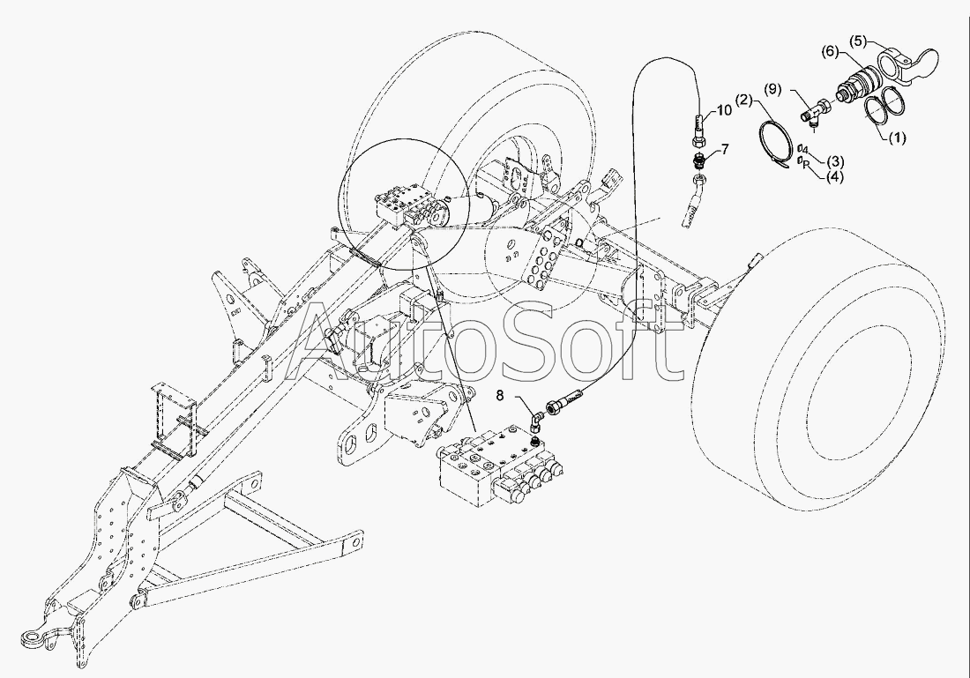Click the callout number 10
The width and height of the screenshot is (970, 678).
[x=724, y=110]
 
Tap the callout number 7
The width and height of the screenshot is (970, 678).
[x=725, y=150]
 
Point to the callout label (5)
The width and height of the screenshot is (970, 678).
[x=860, y=41]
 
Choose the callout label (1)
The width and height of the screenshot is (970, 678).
[x=896, y=138]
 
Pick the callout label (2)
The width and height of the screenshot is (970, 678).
[x=744, y=101]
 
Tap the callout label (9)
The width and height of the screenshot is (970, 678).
[x=772, y=89]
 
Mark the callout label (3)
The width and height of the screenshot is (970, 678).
[x=834, y=161]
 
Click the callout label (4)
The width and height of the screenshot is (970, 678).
[x=834, y=176]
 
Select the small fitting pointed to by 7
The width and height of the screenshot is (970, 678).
[x=698, y=162]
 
